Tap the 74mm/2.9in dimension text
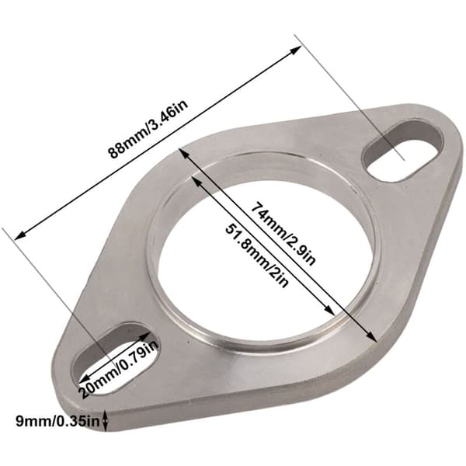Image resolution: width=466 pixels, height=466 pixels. point(283,233)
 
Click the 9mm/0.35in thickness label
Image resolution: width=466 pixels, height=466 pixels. point(57,421)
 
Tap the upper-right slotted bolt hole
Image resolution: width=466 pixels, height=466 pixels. point(403,150)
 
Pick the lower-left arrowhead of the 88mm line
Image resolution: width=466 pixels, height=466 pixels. point(20,235)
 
